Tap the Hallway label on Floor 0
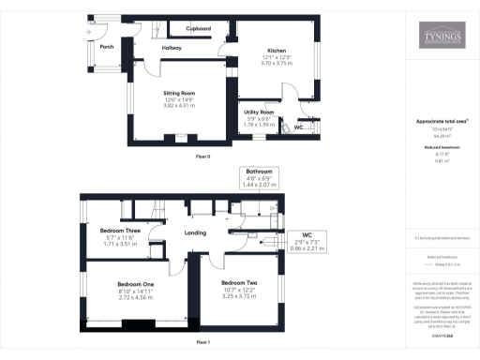coord(172,47)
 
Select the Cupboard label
coord(198,29)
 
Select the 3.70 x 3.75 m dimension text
coord(276,63)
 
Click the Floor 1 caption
coord(203,343)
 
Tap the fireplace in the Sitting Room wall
coord(179,138)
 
